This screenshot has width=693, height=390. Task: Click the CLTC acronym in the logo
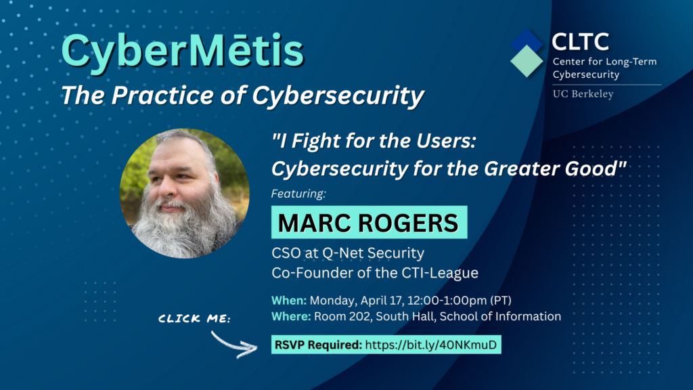[580, 42]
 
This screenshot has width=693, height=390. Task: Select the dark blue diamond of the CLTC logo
[527, 41]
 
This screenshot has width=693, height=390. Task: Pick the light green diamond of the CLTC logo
[527, 62]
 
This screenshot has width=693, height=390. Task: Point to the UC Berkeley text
[583, 93]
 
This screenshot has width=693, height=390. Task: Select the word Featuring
[298, 194]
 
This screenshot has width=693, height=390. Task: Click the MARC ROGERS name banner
[369, 222]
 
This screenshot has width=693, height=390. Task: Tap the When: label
[289, 300]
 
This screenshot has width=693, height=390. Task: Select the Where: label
[291, 316]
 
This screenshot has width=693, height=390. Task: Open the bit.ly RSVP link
[431, 345]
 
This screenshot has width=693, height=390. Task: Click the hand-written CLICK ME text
[194, 318]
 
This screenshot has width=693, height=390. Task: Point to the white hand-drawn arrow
[234, 344]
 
